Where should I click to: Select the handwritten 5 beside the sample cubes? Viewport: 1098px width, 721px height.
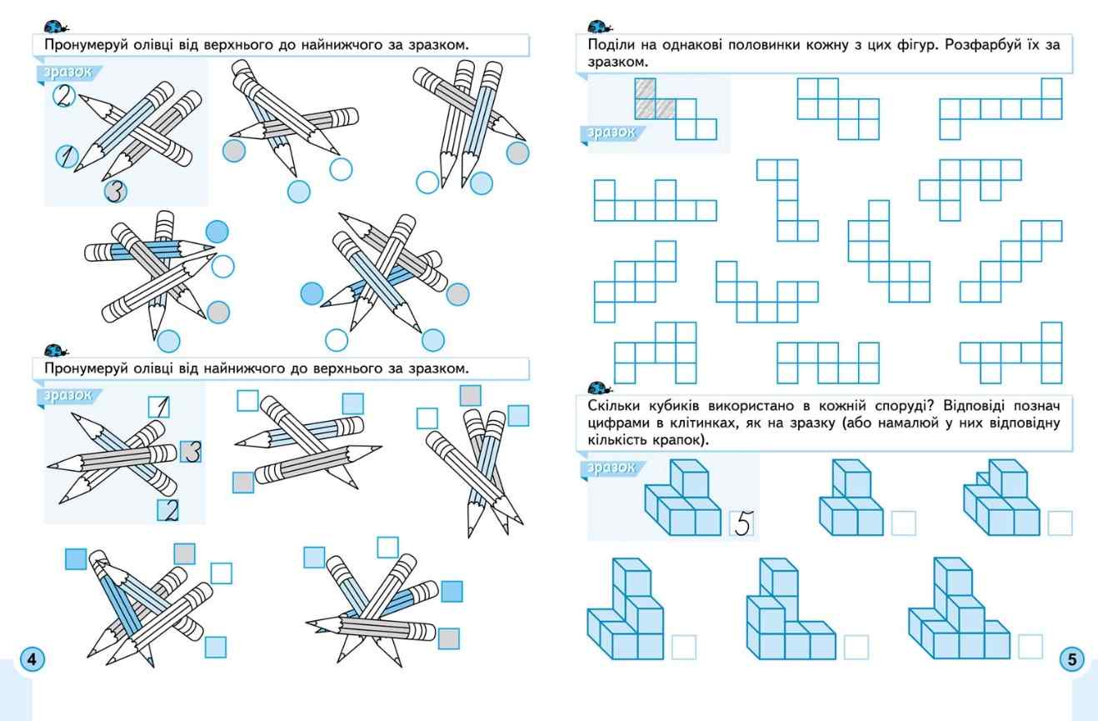742,523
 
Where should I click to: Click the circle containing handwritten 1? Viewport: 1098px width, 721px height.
67,155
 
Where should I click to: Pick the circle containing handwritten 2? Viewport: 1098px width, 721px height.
63,96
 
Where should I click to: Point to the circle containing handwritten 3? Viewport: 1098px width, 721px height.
117,192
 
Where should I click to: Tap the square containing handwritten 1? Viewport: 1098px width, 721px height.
159,407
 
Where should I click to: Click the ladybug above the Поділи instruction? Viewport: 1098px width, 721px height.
598,26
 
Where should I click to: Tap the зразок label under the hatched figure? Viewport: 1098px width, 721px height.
611,132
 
